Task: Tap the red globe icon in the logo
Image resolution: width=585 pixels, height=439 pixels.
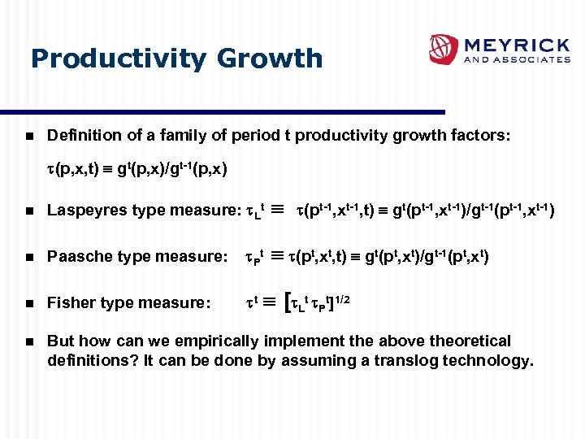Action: [444, 50]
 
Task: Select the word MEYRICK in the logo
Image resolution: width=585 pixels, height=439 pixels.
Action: [516, 44]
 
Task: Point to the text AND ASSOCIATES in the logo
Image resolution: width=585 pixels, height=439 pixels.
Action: [516, 59]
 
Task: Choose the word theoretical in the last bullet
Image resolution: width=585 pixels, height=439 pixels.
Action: [470, 341]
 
